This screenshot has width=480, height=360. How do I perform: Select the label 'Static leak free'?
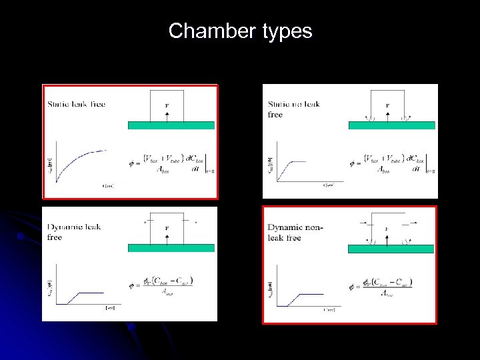[x=76, y=104]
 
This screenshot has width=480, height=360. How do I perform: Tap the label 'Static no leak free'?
[x=293, y=109]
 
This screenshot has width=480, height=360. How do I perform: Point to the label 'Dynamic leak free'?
[x=74, y=231]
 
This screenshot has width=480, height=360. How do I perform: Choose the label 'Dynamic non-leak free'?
[x=294, y=232]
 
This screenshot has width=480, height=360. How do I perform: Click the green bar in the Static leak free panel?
[x=171, y=125]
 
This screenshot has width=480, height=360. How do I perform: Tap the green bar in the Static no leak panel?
[x=391, y=125]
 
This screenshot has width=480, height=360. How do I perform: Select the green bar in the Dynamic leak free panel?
[x=171, y=248]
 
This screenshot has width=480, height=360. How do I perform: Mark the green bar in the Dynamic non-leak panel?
[x=391, y=249]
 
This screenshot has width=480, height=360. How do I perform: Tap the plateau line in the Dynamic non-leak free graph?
[x=311, y=291]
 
